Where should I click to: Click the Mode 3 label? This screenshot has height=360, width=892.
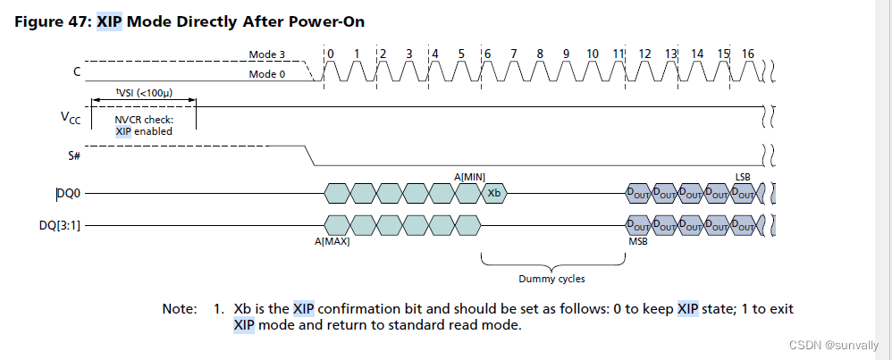click(266, 54)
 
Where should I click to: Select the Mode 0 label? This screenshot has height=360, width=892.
click(266, 74)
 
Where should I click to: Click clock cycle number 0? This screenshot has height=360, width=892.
click(330, 54)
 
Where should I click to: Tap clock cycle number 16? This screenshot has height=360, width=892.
click(747, 54)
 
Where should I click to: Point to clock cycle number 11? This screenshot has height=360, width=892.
click(618, 54)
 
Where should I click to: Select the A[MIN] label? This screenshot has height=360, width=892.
click(469, 176)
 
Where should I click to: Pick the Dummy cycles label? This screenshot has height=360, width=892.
click(551, 278)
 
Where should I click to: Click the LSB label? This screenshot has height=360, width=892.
click(743, 176)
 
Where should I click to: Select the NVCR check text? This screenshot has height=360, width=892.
click(144, 119)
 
